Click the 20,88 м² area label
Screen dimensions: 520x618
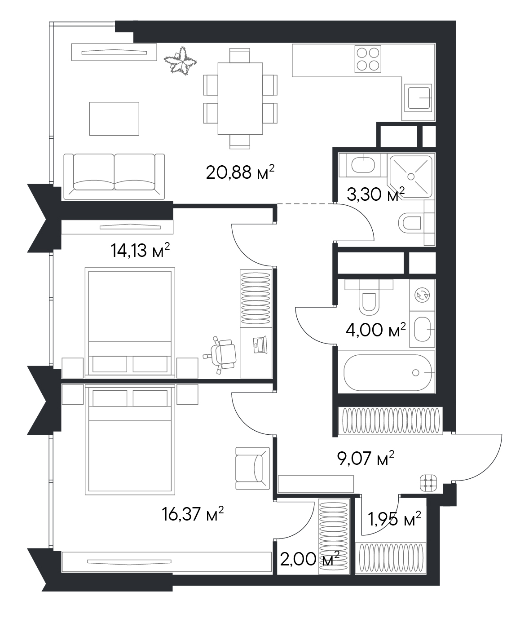240,172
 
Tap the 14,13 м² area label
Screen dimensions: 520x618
140,250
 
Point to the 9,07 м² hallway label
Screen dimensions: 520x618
366,458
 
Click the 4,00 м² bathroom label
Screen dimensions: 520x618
375,330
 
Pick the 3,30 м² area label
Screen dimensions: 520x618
375,194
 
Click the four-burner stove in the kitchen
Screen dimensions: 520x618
368,59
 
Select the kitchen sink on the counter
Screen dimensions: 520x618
418,98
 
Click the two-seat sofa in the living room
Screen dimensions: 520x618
114,177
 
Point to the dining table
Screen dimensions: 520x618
240,98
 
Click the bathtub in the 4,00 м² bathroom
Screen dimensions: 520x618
387,373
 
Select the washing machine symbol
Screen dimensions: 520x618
423,295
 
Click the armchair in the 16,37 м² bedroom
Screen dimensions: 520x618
253,468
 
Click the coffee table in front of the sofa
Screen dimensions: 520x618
114,119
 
